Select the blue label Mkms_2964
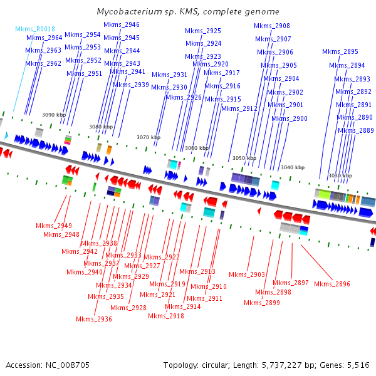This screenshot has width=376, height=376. [x=44, y=38]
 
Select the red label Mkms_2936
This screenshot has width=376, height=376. [x=94, y=319]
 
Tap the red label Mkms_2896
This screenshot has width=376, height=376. [x=332, y=284]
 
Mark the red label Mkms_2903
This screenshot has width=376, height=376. [x=247, y=274]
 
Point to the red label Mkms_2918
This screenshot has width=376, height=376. [x=166, y=316]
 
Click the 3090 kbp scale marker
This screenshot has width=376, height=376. [x=54, y=115]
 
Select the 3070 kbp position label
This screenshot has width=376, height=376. [x=149, y=137]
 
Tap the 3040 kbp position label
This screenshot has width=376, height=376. [x=292, y=167]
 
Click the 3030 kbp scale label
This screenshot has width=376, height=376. [x=340, y=175]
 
